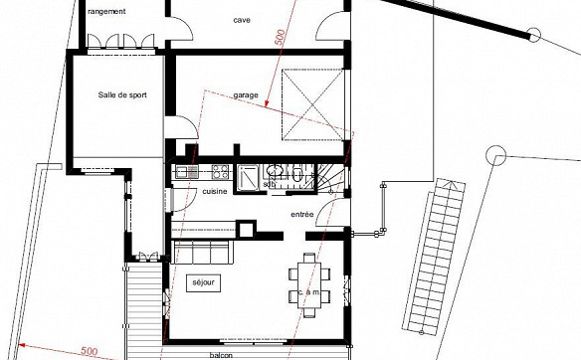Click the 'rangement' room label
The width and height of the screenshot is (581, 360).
click(106, 12)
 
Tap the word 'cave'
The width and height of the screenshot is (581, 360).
click(242, 20)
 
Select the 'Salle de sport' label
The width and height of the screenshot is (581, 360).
click(122, 94)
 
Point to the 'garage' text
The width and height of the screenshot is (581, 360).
click(246, 95)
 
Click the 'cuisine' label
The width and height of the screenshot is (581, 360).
click(215, 191)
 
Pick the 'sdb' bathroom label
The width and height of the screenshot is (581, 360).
click(268, 184)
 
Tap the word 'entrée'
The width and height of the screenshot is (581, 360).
click(302, 214)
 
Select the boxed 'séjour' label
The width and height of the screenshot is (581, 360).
click(203, 283)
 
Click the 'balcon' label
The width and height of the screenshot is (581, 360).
click(221, 355)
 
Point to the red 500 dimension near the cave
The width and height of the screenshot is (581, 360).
click(281, 37)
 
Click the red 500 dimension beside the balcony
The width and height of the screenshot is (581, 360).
click(89, 351)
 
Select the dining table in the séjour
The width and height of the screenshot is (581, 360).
click(309, 285)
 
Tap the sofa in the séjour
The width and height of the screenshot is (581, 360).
click(202, 252)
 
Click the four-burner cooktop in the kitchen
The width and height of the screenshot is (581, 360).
click(220, 172)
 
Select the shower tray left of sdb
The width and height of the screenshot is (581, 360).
click(249, 178)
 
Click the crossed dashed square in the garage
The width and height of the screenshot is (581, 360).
click(312, 104)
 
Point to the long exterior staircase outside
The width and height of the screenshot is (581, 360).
click(434, 257)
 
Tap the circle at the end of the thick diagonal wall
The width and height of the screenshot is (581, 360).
click(534, 35)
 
